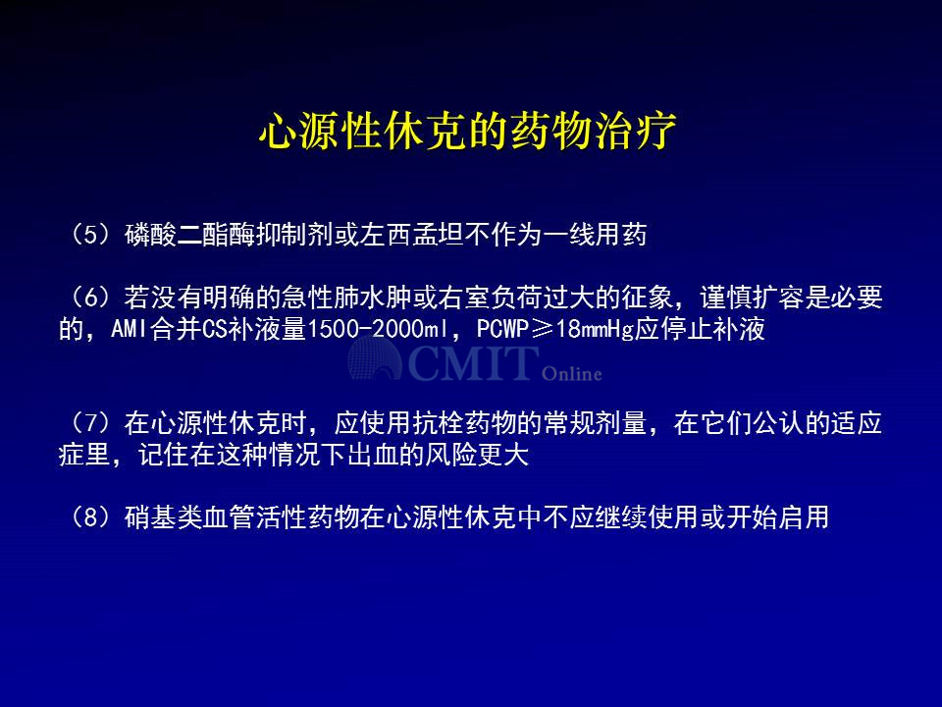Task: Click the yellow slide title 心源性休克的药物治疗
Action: click(x=468, y=131)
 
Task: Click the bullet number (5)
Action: click(x=91, y=235)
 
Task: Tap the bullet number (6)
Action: click(x=91, y=298)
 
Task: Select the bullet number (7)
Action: click(x=91, y=423)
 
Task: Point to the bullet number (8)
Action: click(x=91, y=517)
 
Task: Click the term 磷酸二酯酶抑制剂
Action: click(x=229, y=235)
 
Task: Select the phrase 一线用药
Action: click(x=595, y=235)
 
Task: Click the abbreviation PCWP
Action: click(x=502, y=330)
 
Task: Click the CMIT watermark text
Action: click(x=472, y=362)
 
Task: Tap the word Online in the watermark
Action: click(x=572, y=373)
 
